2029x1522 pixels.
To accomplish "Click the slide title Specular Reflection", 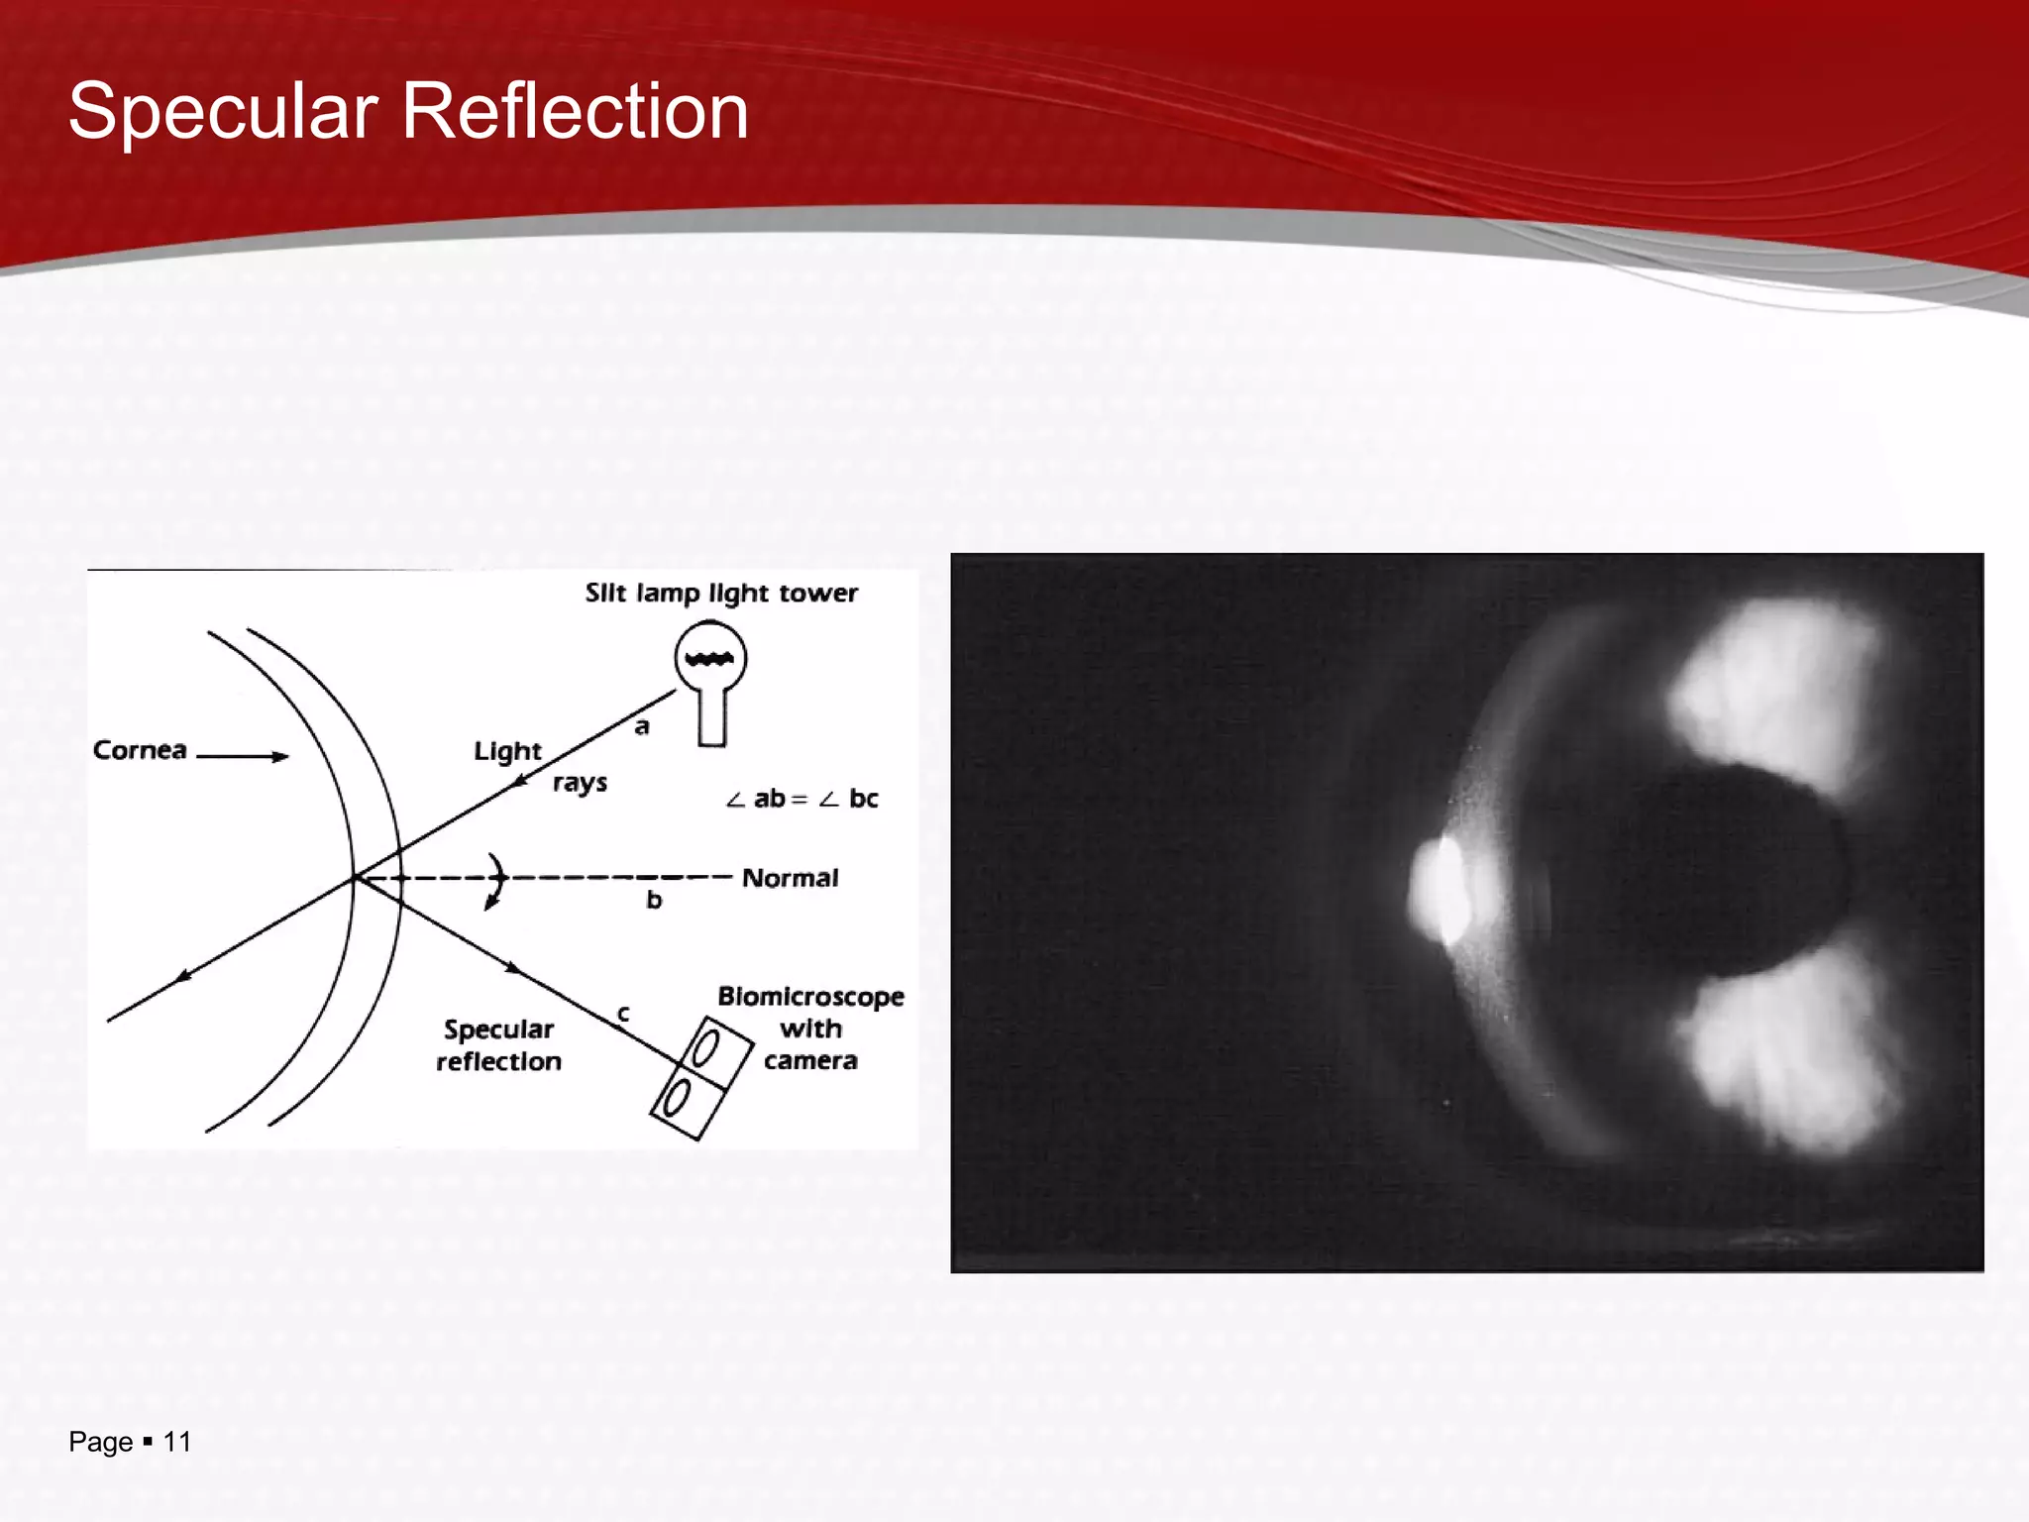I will pyautogui.click(x=407, y=111).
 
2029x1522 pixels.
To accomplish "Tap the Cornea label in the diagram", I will pyautogui.click(x=140, y=750).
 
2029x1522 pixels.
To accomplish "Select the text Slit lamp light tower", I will pyautogui.click(x=720, y=593).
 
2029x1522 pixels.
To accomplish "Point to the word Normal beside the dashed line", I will pyautogui.click(x=790, y=878).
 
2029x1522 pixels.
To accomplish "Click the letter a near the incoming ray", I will pyautogui.click(x=642, y=727).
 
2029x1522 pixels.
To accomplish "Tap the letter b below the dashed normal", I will pyautogui.click(x=654, y=900).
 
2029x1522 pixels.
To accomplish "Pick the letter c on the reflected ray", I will pyautogui.click(x=623, y=1014).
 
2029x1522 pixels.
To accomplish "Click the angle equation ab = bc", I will pyautogui.click(x=801, y=799).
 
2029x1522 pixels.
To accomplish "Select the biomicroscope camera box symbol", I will pyautogui.click(x=700, y=1078).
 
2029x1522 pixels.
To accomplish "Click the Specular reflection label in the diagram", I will pyautogui.click(x=498, y=1045).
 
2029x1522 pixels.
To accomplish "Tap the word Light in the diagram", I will pyautogui.click(x=507, y=751).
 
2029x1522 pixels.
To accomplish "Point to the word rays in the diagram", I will pyautogui.click(x=580, y=783).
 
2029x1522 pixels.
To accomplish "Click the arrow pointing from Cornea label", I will pyautogui.click(x=243, y=756).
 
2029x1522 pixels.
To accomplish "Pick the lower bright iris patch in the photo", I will pyautogui.click(x=1793, y=1060).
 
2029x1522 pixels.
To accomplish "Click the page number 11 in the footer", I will pyautogui.click(x=176, y=1442).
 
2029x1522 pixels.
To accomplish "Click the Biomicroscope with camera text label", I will pyautogui.click(x=810, y=1028).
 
